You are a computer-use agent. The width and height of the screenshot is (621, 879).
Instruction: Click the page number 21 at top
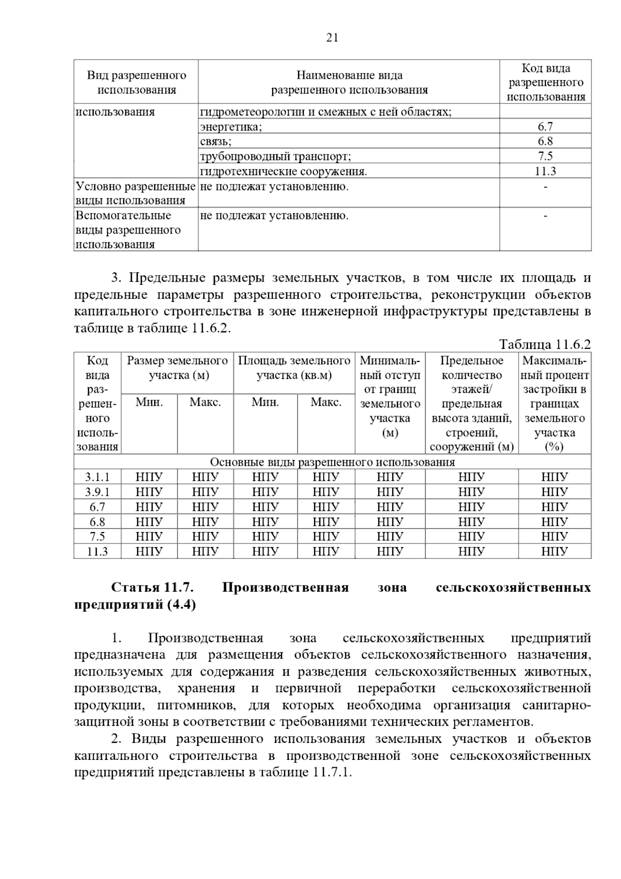pos(332,37)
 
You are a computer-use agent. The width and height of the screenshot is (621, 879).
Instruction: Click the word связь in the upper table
pos(215,141)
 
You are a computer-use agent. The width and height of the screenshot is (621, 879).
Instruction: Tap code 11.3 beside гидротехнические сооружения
pos(545,171)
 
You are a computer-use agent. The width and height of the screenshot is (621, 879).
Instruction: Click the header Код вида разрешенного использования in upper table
pos(545,82)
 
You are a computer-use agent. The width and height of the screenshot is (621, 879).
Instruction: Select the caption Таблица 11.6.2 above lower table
pos(544,345)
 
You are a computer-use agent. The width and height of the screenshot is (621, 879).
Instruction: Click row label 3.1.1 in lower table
pos(97,477)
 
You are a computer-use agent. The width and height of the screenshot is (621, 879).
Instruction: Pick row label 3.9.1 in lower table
pos(97,492)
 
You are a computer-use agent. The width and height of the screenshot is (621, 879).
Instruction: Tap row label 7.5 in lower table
pos(97,536)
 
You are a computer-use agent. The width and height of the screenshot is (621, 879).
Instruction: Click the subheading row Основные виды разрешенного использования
pos(332,462)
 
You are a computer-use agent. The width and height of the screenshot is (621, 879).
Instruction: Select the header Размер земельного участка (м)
pos(178,368)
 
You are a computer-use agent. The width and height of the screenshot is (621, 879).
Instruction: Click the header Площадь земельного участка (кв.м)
pos(294,368)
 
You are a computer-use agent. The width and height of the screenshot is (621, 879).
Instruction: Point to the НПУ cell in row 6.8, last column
pos(554,522)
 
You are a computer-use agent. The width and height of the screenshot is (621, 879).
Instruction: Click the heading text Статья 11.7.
pos(152,588)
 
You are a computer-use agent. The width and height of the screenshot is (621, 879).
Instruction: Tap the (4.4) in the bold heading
pos(182,605)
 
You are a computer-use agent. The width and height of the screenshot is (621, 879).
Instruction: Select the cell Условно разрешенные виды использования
pos(135,193)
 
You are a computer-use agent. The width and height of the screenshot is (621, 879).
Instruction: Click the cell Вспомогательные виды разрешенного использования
pos(128,230)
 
